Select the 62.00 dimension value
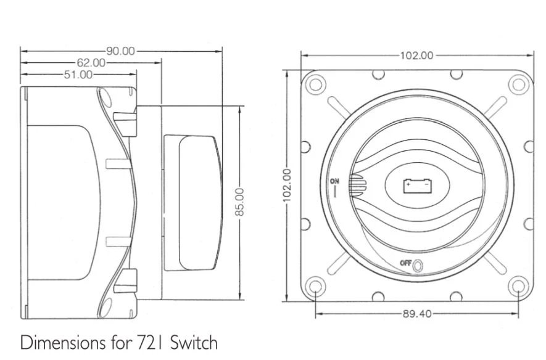(91, 63)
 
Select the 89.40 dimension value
(417, 314)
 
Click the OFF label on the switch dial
(405, 263)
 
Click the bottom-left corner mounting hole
(315, 287)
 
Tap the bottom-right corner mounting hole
(519, 287)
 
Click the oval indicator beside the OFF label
(417, 265)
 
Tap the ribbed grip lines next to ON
(355, 185)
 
